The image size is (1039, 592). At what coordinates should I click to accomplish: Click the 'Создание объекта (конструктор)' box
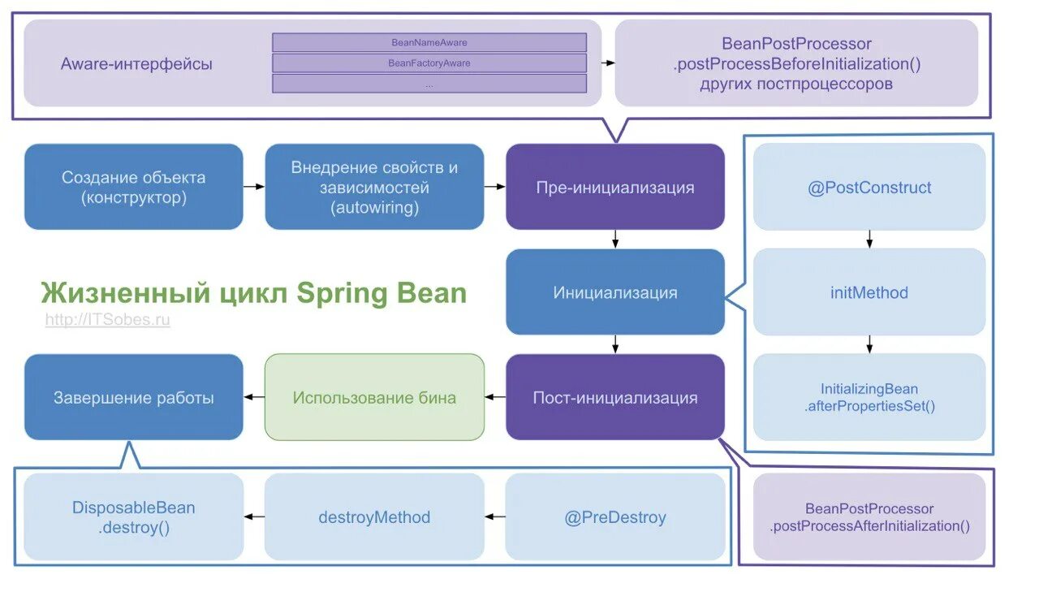click(133, 187)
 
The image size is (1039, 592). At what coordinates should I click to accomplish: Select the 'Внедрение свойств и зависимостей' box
click(374, 187)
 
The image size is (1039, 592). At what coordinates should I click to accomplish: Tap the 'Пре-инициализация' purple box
click(614, 187)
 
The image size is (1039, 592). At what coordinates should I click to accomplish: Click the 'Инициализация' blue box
click(614, 292)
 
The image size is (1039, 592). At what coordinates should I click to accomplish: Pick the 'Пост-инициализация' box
click(614, 397)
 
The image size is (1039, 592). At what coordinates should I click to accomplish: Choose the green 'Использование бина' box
click(374, 397)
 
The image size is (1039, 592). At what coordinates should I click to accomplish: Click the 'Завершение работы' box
click(133, 397)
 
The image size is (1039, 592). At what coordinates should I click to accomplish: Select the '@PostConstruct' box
click(869, 188)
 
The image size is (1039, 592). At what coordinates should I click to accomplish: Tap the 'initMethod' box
click(869, 292)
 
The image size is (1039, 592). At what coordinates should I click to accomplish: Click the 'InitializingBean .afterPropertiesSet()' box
click(869, 397)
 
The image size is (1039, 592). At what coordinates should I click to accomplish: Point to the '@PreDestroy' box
click(614, 517)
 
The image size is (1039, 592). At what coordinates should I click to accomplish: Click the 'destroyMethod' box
click(374, 517)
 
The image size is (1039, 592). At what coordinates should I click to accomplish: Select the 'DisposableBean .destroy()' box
click(133, 517)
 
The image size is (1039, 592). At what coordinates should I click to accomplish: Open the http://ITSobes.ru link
click(107, 320)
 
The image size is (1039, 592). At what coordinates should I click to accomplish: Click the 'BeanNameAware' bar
click(429, 42)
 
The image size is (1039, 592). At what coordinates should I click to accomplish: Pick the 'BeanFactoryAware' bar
click(429, 63)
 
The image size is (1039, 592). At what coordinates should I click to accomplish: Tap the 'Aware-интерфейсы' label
click(136, 63)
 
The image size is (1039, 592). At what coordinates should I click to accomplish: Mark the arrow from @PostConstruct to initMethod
click(869, 240)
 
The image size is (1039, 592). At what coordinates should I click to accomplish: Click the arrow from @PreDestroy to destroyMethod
click(495, 517)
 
